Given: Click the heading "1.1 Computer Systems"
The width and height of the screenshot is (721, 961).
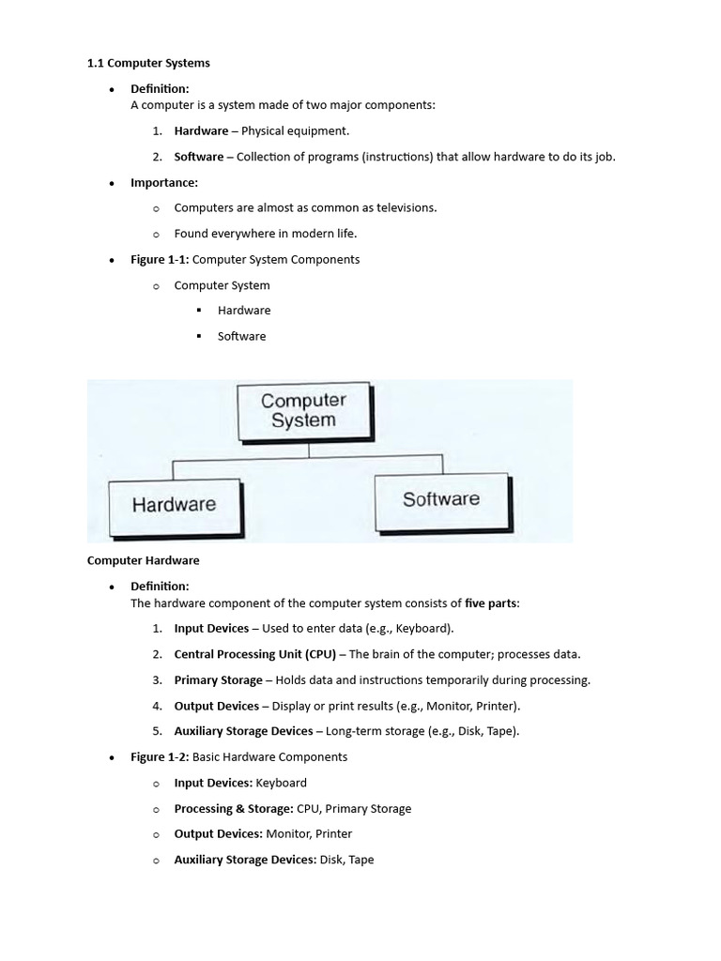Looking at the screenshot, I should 148,63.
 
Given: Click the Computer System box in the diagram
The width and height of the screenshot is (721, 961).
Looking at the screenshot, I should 303,411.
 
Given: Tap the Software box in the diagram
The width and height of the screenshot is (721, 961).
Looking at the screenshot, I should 440,499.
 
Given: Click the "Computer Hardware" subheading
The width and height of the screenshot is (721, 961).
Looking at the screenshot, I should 143,560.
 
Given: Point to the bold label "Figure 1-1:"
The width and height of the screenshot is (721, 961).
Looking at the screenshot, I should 159,259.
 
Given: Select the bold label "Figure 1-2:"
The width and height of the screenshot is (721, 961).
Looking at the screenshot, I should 159,756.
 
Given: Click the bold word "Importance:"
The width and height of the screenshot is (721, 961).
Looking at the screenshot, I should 163,183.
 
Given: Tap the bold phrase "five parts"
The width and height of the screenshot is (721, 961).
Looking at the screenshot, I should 490,603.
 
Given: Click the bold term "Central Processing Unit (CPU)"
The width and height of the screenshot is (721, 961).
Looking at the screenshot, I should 254,654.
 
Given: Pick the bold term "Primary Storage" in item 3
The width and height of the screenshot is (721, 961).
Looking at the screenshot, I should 218,679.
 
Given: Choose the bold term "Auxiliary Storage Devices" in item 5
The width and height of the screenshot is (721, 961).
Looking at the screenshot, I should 243,731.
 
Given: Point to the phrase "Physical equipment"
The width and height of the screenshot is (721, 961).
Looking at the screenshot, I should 295,131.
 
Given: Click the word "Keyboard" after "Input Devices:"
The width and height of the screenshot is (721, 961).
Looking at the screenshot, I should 281,783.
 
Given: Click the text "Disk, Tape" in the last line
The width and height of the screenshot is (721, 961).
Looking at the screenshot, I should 346,859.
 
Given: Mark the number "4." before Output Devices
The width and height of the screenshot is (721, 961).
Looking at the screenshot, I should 157,706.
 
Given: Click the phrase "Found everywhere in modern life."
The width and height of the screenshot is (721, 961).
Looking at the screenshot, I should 266,234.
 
